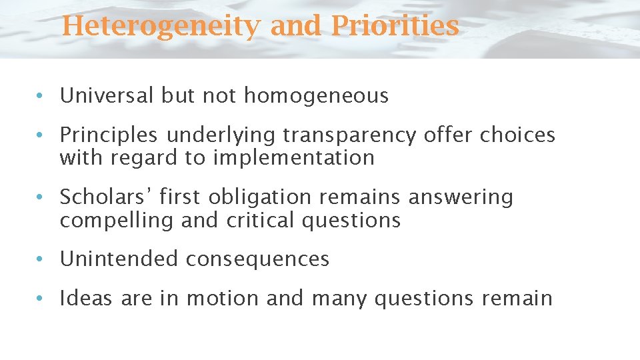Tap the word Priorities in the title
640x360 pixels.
click(x=394, y=27)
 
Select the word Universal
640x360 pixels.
click(x=107, y=96)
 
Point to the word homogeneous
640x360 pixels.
click(x=316, y=97)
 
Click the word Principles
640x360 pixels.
click(x=109, y=135)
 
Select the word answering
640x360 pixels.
click(x=461, y=198)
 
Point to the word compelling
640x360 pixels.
click(x=117, y=221)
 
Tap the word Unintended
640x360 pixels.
click(x=119, y=259)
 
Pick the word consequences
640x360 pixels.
click(x=257, y=259)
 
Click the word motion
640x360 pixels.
click(x=223, y=298)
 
